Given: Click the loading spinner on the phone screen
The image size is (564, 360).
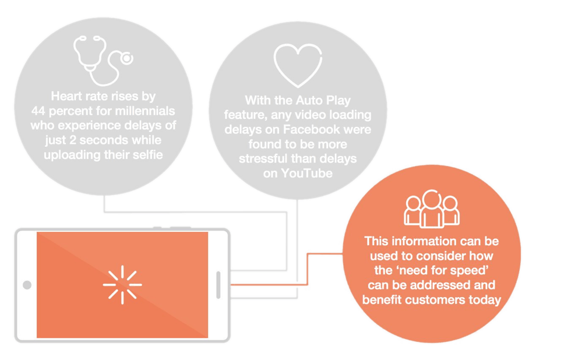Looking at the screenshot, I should click(122, 284).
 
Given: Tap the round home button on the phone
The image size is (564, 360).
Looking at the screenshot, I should click(27, 285).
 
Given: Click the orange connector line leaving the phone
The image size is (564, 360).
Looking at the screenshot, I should click(268, 284).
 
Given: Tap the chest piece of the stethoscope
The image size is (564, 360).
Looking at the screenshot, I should click(125, 58).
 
